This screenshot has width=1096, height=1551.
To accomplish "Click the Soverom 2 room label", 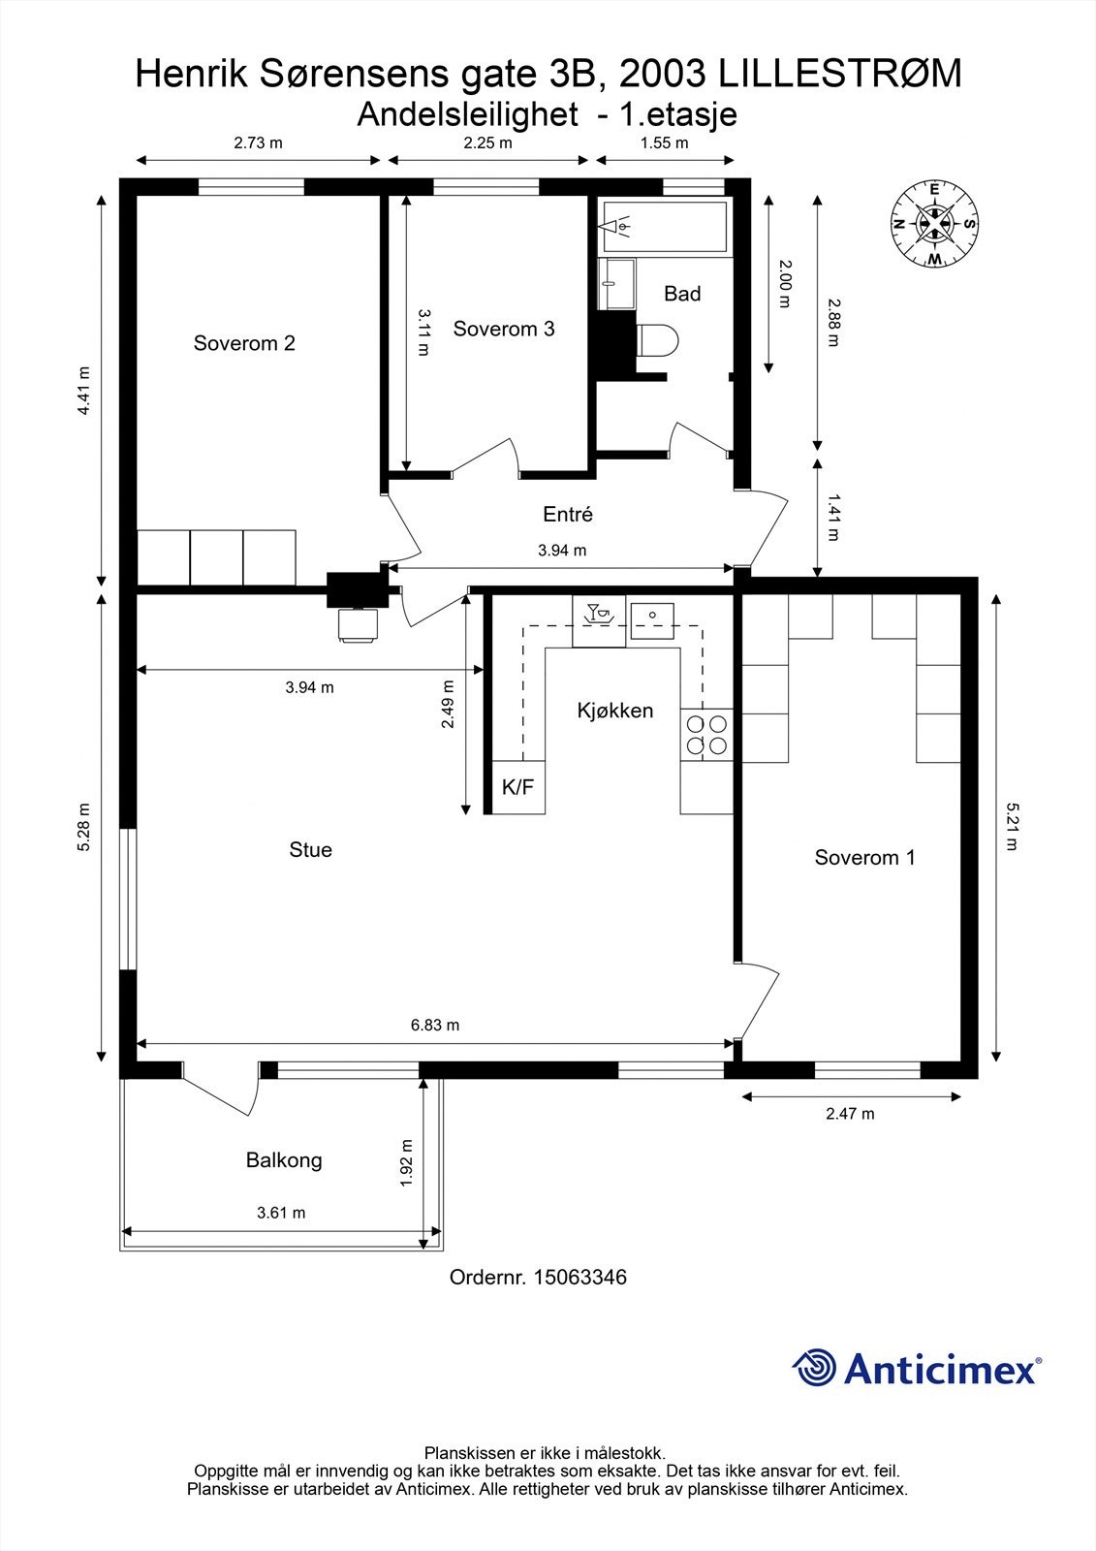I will [244, 343].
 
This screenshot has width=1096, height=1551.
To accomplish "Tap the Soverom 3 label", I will [503, 329].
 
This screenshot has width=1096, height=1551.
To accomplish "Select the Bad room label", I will [682, 294].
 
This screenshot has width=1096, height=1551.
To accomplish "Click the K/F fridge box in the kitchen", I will [517, 787].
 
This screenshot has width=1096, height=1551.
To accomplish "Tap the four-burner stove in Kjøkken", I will [706, 735].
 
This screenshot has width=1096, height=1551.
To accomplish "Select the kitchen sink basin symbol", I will [652, 618].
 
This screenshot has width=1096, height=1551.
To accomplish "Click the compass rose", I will [933, 225].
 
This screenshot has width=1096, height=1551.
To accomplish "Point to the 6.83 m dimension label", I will [434, 1025].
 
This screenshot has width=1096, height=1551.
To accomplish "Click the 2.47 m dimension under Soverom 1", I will [850, 1114].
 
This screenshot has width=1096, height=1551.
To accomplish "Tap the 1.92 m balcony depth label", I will [407, 1161].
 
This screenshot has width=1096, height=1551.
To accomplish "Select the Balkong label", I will [283, 1160].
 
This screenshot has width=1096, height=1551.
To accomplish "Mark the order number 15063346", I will [579, 1278].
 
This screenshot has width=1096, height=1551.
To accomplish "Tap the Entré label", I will [567, 515].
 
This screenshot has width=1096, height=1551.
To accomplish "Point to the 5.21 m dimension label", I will [1012, 826].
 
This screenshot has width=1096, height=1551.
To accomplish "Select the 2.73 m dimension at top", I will [258, 143].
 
